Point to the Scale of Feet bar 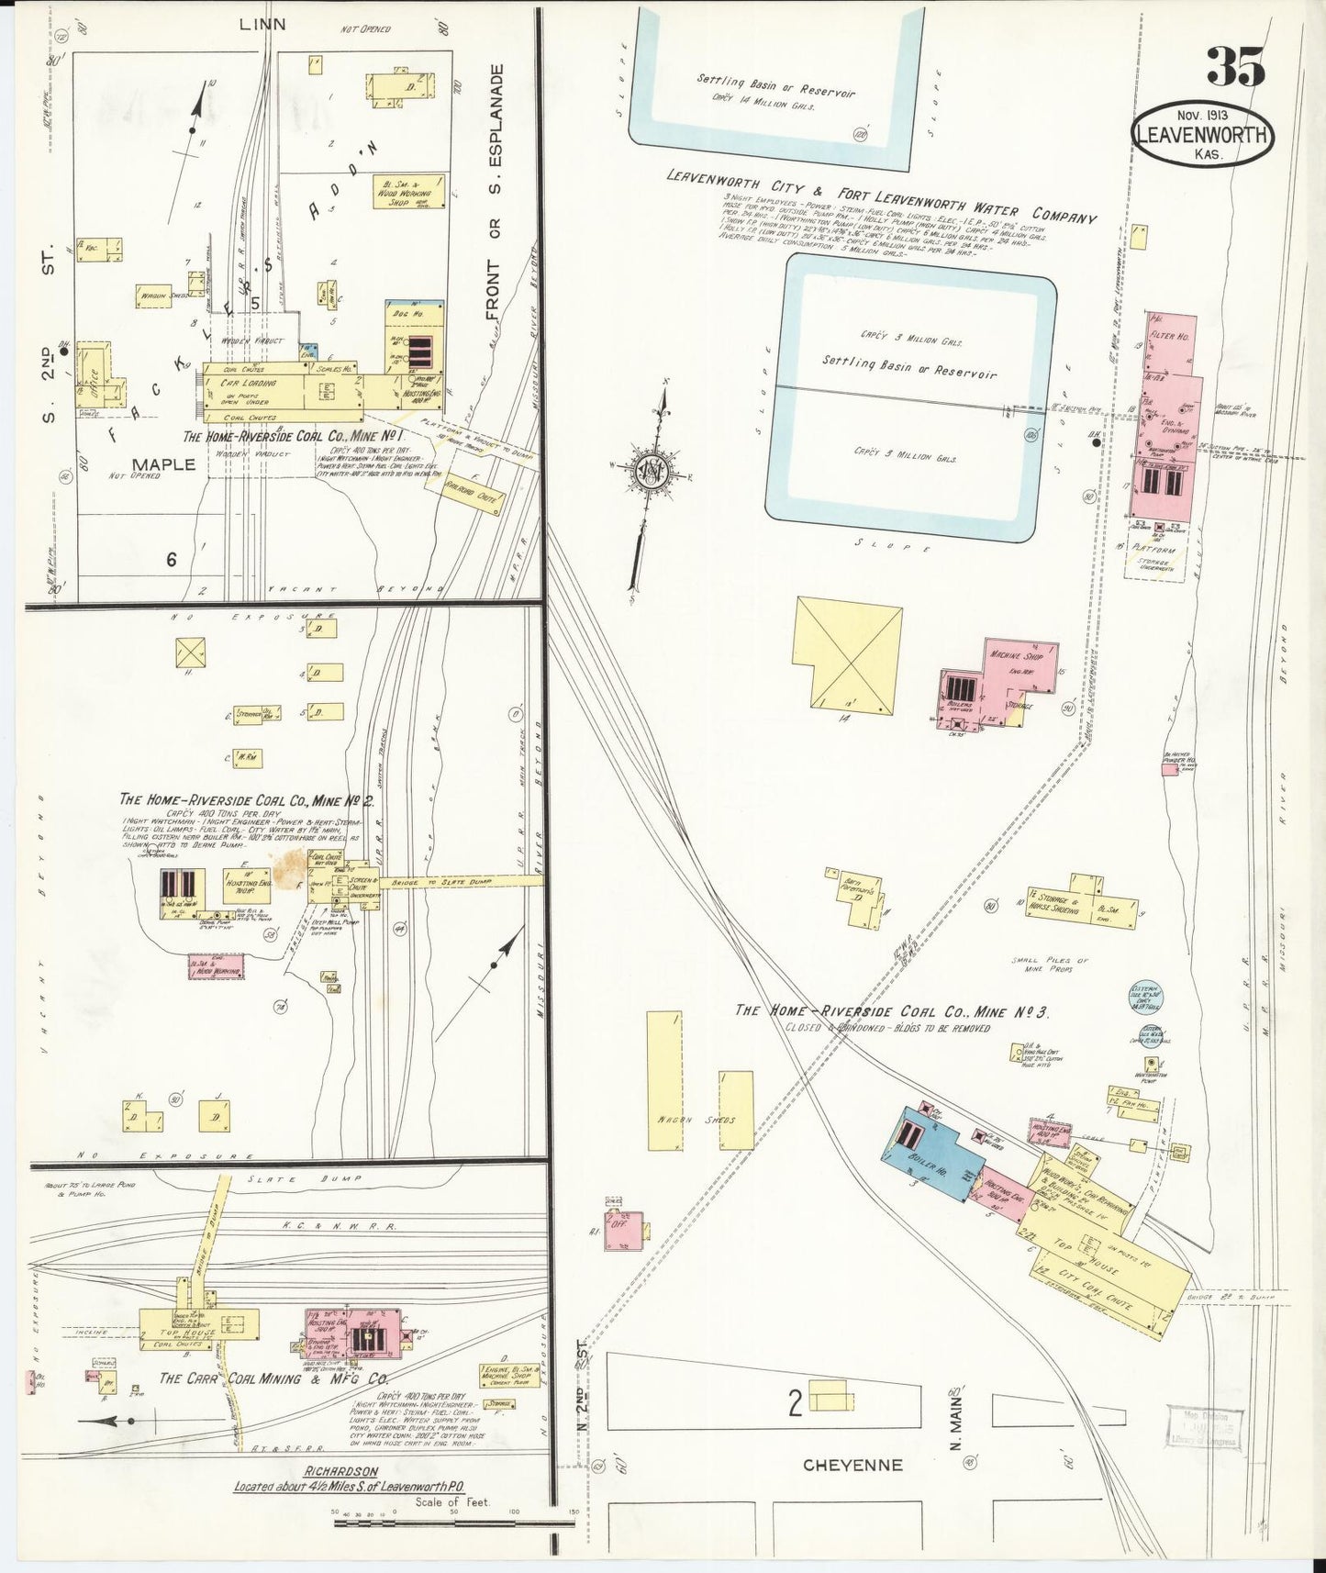pos(454,1523)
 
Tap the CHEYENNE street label pos(852,1466)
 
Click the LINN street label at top pos(262,25)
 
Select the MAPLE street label pos(164,463)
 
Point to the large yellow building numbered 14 pos(846,653)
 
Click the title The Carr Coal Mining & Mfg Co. pos(273,1379)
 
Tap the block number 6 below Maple pos(171,559)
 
